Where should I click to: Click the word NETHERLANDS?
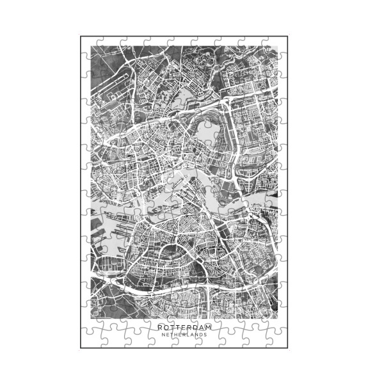[x=184, y=335]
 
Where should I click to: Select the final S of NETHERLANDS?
[x=205, y=335]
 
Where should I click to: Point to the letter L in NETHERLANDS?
[x=188, y=335]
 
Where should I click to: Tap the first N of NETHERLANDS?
[x=163, y=335]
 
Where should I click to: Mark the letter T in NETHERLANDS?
[x=172, y=335]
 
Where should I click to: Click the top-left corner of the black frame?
[x=81, y=36]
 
